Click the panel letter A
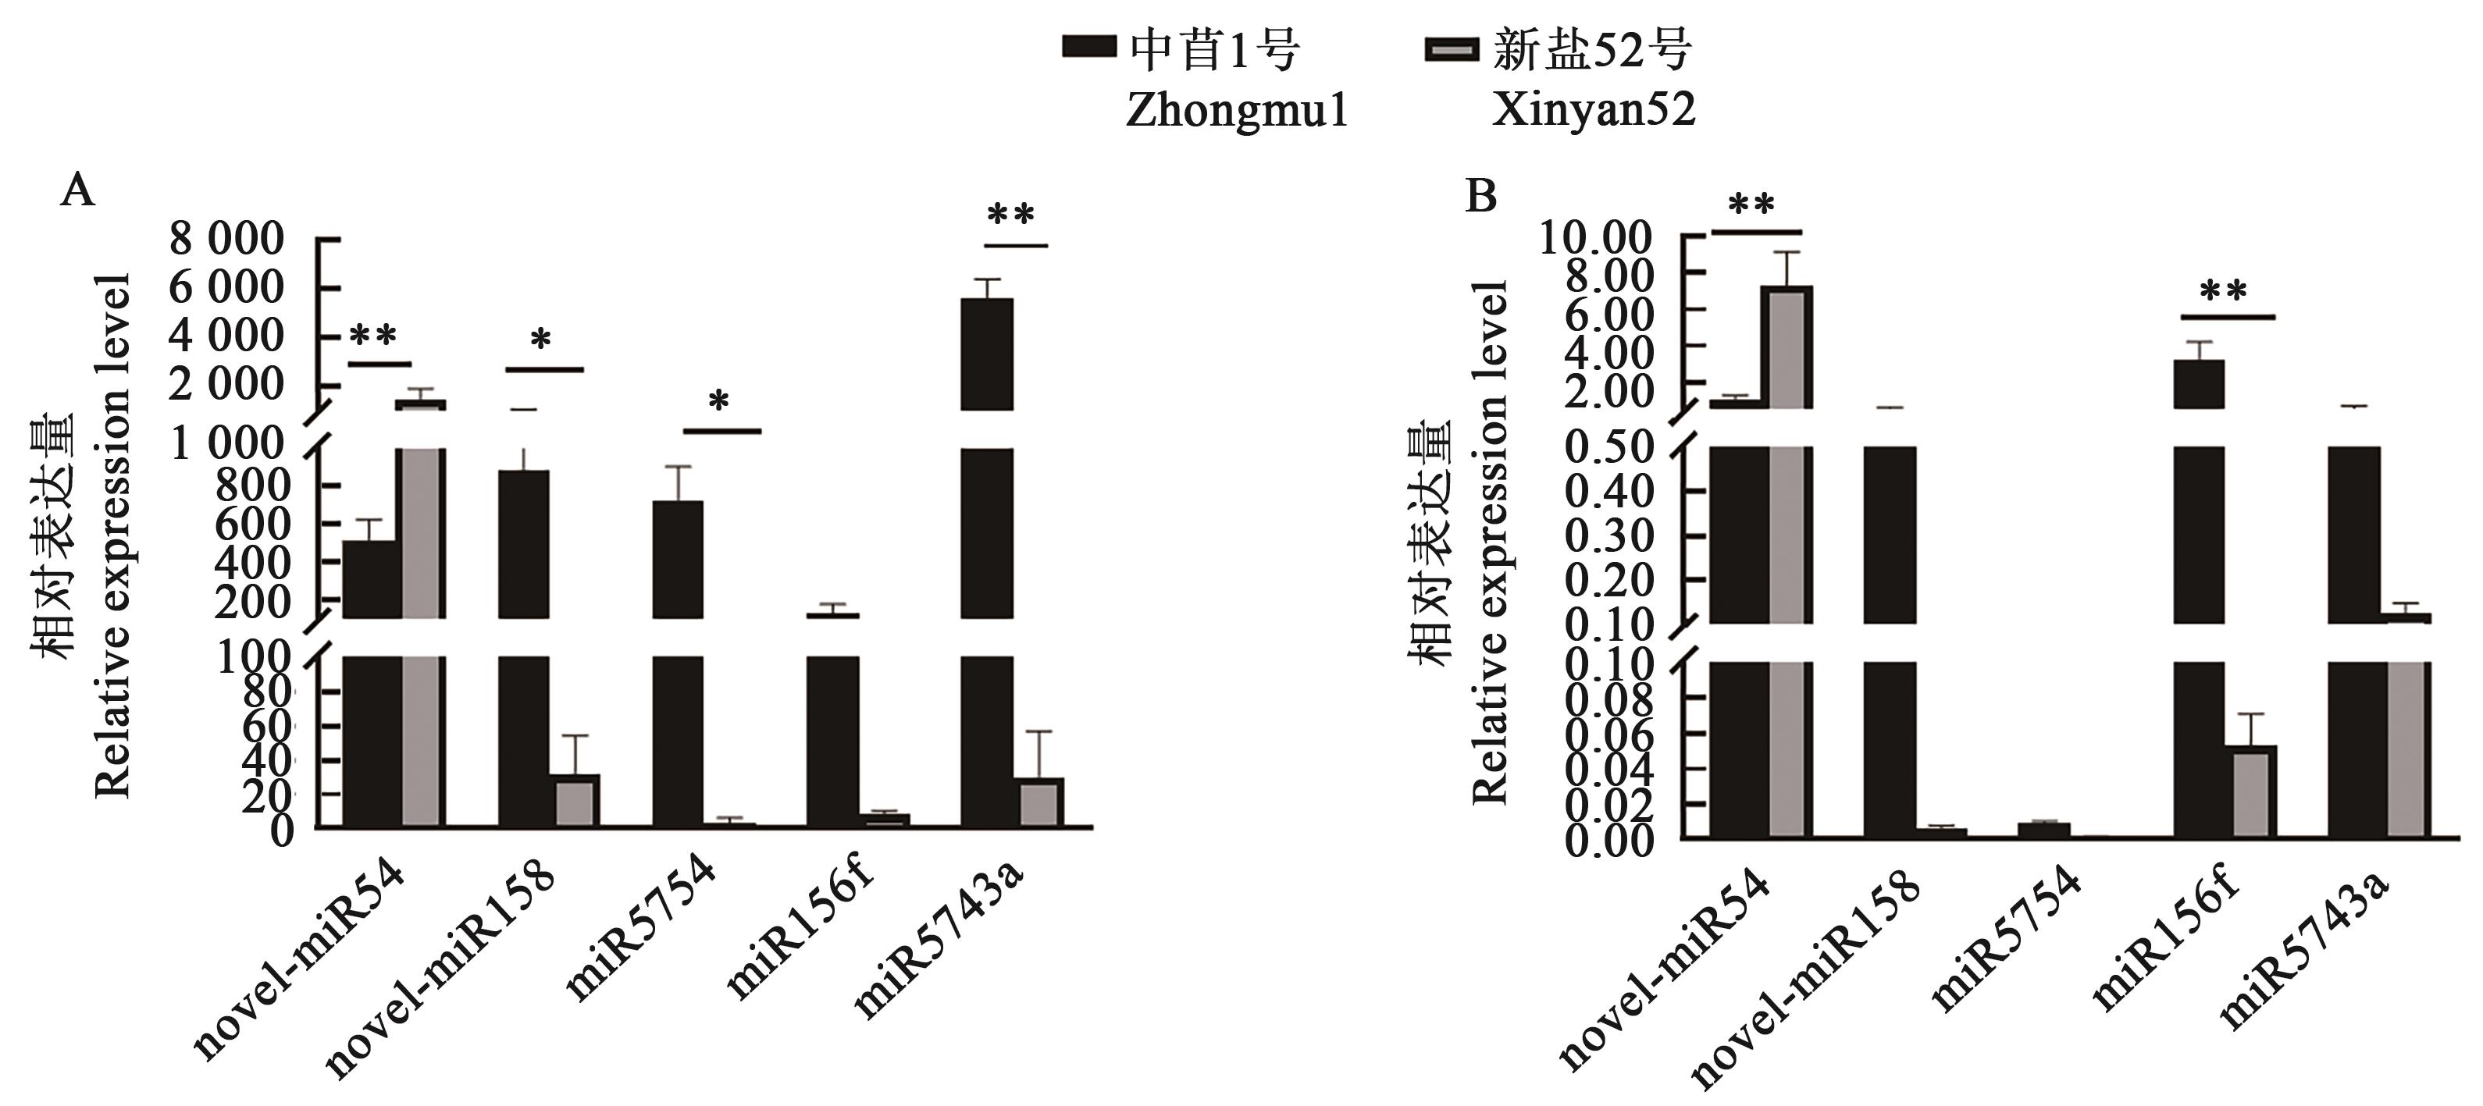click(78, 192)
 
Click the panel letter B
click(1480, 197)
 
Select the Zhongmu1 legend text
click(1237, 112)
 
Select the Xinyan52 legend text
click(1594, 112)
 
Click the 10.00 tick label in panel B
click(1595, 237)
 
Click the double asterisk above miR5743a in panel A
click(1011, 214)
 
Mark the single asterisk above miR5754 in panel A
click(719, 400)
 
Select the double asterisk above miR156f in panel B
click(2224, 292)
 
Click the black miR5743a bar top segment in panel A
click(987, 354)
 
